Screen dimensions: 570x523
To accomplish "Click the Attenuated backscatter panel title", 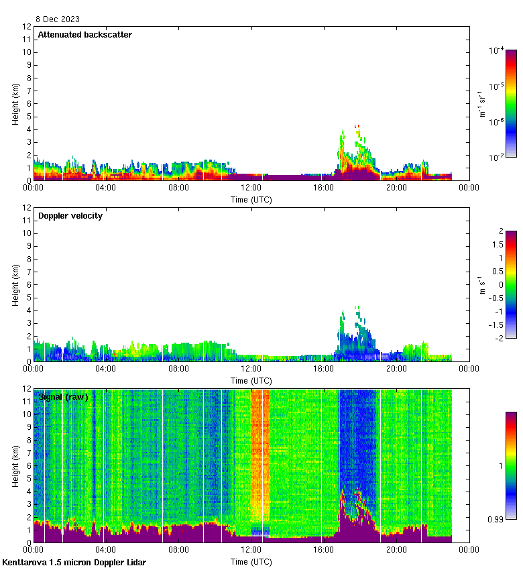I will pos(84,34).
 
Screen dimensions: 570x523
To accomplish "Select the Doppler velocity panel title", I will pos(70,215).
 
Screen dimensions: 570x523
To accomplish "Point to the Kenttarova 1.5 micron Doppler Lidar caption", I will pos(74,562).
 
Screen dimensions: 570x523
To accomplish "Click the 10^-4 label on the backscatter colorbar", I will pos(497,51).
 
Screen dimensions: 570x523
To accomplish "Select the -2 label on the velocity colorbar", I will pos(499,338).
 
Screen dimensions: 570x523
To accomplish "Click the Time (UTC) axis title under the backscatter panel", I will pos(251,199).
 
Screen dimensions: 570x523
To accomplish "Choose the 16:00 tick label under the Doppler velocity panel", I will pos(324,369).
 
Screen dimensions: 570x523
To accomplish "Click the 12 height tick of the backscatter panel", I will pos(26,27).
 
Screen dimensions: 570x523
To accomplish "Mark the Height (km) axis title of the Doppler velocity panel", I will pos(15,284).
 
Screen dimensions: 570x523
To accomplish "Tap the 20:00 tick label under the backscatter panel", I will pos(396,188).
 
